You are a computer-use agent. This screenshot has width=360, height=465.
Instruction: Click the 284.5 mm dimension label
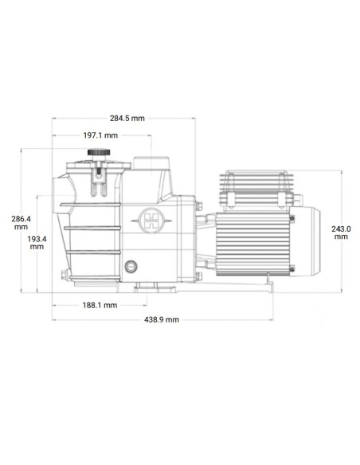pos(127,118)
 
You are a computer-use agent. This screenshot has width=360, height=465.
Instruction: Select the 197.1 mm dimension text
pos(100,135)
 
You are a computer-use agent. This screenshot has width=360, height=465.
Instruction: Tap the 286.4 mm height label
pos(21,222)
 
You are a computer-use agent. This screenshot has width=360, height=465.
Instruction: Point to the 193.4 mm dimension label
pos(37,242)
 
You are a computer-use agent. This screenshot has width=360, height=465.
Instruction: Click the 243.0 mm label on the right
pos(341,231)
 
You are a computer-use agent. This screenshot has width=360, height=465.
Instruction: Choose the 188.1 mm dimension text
pos(100,305)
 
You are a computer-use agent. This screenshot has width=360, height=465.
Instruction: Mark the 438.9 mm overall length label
pos(162,319)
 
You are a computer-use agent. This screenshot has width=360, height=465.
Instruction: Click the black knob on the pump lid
pos(97,154)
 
